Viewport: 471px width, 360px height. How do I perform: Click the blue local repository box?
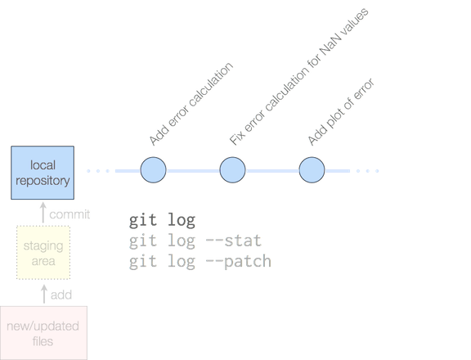point(43,173)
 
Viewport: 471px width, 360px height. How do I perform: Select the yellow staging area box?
point(43,253)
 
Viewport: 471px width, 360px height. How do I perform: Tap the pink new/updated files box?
point(43,333)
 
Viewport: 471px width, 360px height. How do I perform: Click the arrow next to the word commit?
point(43,213)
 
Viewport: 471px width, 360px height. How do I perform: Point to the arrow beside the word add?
point(44,294)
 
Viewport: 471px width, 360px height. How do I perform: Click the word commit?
point(70,214)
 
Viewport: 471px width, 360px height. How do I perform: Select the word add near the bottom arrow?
point(61,295)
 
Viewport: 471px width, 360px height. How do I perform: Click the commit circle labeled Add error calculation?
point(153,170)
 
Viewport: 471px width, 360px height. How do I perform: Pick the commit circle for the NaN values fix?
point(232,170)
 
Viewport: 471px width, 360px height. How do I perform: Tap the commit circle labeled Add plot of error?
point(312,170)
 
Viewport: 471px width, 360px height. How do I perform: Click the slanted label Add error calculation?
point(191,104)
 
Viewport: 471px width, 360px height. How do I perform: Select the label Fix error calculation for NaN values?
point(299,77)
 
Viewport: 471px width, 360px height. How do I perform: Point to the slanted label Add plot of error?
point(341,112)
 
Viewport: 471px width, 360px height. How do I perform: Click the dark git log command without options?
point(162,220)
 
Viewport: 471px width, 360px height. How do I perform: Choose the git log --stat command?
point(195,241)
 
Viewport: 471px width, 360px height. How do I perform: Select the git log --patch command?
point(200,262)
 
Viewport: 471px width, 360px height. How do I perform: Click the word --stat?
point(234,241)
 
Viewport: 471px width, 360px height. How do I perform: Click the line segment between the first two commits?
point(193,171)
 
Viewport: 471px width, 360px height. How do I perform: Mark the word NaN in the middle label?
point(330,45)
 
